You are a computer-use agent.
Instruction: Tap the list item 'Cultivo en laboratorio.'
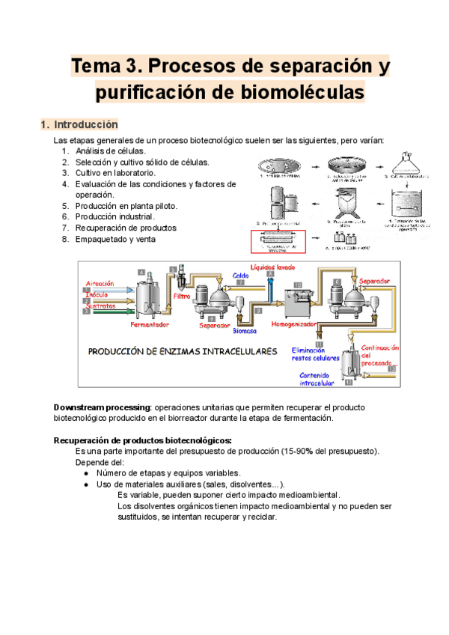[x=115, y=173]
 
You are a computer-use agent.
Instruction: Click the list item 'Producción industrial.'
[x=114, y=216]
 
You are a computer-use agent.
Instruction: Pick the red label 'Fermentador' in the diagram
[x=150, y=324]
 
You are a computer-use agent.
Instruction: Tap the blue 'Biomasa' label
[x=245, y=330]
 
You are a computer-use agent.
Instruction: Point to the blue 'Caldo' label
[x=241, y=276]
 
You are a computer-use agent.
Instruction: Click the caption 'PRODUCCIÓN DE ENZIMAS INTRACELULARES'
[x=183, y=350]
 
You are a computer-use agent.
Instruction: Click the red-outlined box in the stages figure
[x=280, y=242]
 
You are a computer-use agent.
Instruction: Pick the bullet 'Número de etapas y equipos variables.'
[x=168, y=473]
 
